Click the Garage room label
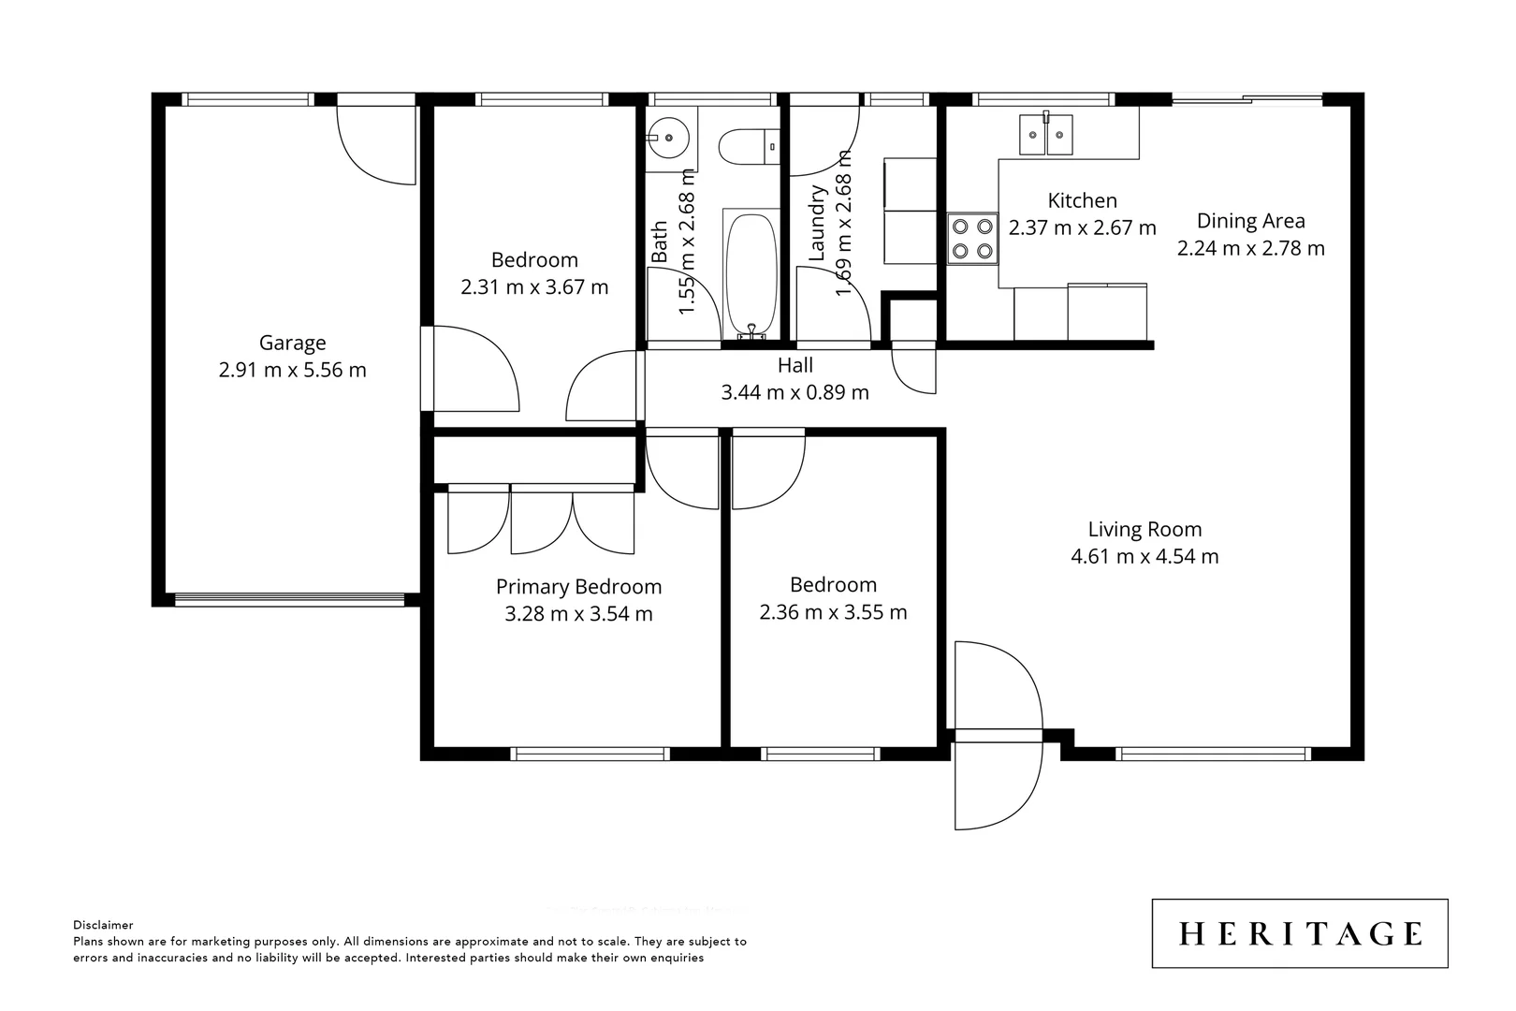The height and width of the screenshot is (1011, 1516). pos(292,343)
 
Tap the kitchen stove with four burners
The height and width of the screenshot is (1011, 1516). pos(971,238)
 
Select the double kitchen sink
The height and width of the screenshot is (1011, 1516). pos(1046,133)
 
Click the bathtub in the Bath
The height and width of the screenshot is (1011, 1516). pos(751,271)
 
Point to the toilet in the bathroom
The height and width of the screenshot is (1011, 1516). pos(748,145)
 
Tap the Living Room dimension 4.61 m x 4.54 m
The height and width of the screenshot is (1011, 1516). pos(1144,556)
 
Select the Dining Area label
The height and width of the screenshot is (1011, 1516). pos(1250,221)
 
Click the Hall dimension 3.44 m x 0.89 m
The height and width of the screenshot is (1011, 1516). pos(794,392)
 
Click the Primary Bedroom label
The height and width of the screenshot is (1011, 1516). pos(578,587)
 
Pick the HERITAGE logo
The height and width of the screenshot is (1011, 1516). pos(1299,933)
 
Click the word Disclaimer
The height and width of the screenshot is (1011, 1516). pos(103,925)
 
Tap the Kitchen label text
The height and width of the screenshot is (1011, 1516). pos(1082,200)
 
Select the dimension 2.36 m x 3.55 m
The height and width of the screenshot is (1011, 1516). pos(833,612)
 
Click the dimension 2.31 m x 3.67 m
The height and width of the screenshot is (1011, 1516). pos(534,287)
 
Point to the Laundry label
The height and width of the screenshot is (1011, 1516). pos(817,223)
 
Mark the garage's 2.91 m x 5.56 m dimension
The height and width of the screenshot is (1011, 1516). pos(292,370)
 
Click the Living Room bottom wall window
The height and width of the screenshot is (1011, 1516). pos(1214,753)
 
